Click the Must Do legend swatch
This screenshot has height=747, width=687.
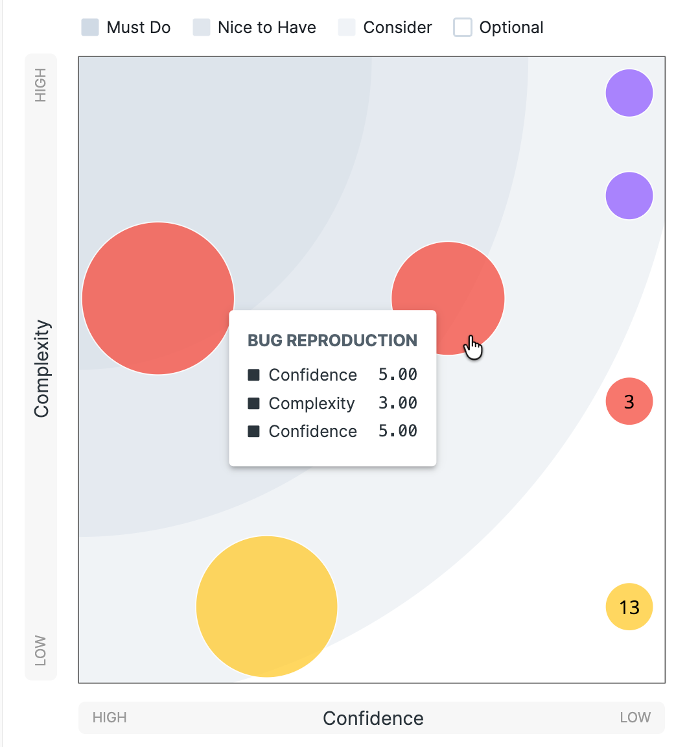coord(90,28)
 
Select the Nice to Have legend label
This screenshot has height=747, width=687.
coord(266,28)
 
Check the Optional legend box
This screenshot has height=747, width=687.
coord(463,28)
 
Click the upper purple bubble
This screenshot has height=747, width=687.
coord(629,93)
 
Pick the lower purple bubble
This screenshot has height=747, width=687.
coord(629,196)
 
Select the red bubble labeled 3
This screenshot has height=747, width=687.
coord(629,401)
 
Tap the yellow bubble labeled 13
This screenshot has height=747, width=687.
coord(629,607)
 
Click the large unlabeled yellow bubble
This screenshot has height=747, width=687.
coord(266,607)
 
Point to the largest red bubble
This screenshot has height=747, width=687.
coord(157,298)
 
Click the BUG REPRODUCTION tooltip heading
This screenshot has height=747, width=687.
coord(332,340)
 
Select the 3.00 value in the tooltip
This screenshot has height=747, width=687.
coord(397,403)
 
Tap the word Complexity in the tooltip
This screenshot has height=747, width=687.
coord(312,403)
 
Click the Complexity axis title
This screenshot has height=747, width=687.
coord(41,368)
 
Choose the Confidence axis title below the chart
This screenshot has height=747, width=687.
coord(373,718)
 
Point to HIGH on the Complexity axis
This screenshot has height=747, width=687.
coord(41,86)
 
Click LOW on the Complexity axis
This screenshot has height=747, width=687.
coord(41,650)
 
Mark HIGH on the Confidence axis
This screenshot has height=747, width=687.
coord(110,718)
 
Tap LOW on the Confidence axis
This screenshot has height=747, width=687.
coord(635,718)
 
